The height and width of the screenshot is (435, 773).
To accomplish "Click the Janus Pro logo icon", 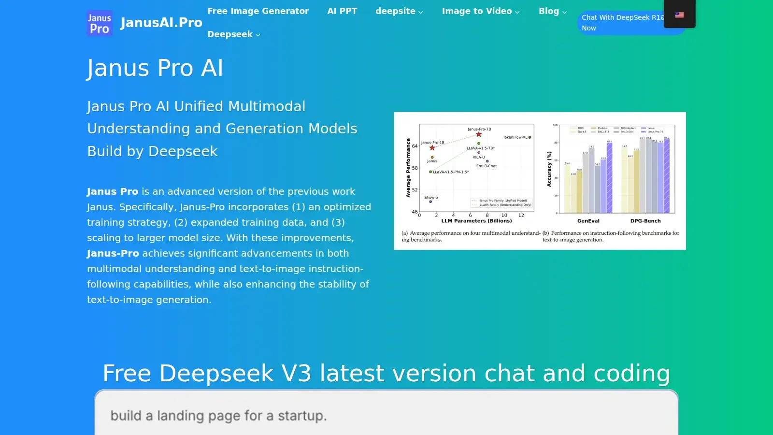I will click(x=100, y=23).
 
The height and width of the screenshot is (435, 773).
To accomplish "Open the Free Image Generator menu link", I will click(x=258, y=11).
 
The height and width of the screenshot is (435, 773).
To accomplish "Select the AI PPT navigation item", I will click(x=342, y=11).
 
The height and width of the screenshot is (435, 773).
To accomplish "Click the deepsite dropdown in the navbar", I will click(x=399, y=11).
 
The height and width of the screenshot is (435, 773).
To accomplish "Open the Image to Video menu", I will click(x=481, y=11).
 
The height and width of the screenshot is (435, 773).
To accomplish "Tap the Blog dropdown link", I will click(x=552, y=11).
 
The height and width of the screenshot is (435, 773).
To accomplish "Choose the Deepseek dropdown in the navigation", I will click(x=234, y=34).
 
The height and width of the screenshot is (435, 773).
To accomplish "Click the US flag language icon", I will click(x=679, y=15).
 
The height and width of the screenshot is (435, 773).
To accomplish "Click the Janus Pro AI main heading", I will click(x=155, y=68).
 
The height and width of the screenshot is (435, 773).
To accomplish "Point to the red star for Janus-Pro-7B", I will click(x=479, y=134).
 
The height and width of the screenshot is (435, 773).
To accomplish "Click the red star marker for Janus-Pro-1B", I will click(x=432, y=148).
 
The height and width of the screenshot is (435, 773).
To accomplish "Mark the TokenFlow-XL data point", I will click(x=530, y=137).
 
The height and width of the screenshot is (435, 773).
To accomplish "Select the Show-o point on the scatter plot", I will click(x=430, y=202).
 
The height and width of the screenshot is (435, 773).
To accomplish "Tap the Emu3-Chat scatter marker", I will click(x=487, y=161).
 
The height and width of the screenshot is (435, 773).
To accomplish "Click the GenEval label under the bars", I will click(x=588, y=221).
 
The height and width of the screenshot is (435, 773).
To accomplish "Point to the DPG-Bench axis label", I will click(x=645, y=221).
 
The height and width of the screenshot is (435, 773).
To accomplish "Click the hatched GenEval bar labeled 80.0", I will click(x=610, y=177).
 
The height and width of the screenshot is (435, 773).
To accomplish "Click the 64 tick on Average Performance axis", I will click(x=415, y=146).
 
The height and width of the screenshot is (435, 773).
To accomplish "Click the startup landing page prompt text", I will click(x=218, y=416).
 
